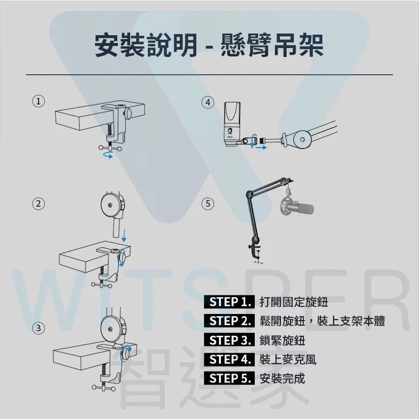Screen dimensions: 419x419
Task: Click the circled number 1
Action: [39, 102]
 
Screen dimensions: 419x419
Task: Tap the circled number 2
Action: [39, 204]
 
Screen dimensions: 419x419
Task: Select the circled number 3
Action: [39, 327]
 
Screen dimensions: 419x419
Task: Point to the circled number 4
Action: [208, 102]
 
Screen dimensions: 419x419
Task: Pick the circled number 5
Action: [208, 204]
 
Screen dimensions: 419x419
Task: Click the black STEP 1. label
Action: [229, 302]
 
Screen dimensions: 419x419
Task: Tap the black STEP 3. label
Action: [229, 340]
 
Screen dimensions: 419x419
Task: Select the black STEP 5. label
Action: [229, 378]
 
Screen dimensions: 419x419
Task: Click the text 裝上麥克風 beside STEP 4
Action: [288, 359]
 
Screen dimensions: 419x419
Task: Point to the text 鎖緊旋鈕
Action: [282, 340]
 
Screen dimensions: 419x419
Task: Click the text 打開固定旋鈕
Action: [294, 302]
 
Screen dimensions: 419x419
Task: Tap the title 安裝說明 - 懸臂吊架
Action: [209, 46]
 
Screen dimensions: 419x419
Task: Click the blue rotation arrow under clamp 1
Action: [108, 154]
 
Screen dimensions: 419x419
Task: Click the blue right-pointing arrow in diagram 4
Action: [261, 147]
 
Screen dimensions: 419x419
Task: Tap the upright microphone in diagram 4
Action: [232, 123]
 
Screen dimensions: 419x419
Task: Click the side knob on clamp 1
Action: [128, 113]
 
